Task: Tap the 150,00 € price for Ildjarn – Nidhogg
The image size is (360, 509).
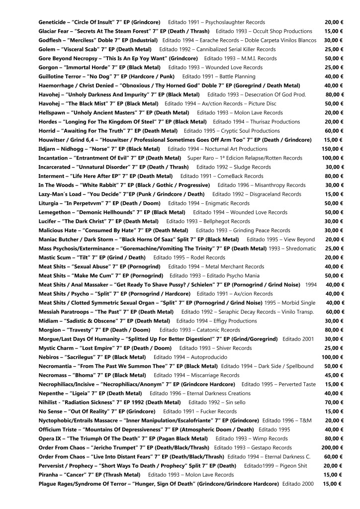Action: [x=333, y=149]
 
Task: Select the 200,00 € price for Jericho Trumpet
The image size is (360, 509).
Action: [x=333, y=447]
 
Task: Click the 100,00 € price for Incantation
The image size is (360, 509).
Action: [x=333, y=158]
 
